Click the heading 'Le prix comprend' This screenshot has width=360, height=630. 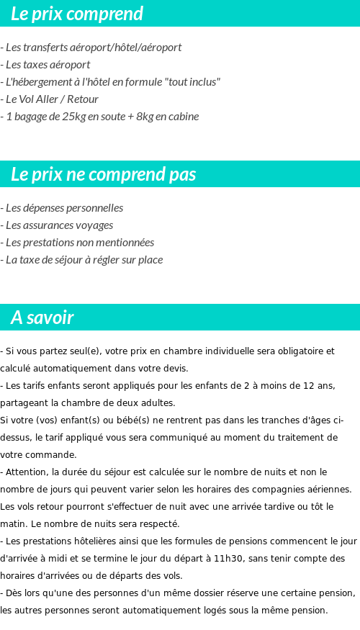point(77,14)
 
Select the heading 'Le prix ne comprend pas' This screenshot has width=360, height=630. point(104,174)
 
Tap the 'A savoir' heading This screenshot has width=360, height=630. point(42,318)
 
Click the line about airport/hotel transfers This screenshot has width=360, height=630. point(91,48)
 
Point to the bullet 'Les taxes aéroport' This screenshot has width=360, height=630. point(45,65)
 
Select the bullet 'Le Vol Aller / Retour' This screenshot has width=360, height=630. point(50,99)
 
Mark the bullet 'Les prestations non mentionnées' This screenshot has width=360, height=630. point(77,243)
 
